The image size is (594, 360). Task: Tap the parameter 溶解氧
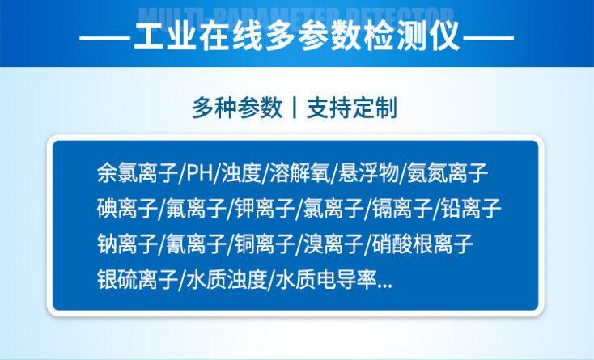tap(300, 173)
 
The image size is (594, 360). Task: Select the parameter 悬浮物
tap(368, 173)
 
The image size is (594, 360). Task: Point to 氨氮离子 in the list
tap(447, 173)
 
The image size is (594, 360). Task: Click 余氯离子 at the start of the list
tap(138, 173)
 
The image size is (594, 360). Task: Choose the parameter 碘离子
tap(127, 208)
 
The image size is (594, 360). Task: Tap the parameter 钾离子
tap(265, 208)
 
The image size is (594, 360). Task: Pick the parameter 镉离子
tap(402, 208)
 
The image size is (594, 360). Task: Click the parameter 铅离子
tap(471, 208)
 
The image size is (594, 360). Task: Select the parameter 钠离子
tap(127, 244)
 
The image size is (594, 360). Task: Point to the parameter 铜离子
tap(265, 244)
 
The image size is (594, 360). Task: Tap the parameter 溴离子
tap(333, 244)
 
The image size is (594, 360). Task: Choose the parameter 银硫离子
tap(138, 280)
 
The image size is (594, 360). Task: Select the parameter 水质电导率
tap(326, 280)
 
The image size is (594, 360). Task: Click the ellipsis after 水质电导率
tap(385, 286)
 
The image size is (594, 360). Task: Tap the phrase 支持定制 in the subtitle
tap(352, 108)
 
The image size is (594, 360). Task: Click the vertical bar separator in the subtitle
tap(295, 108)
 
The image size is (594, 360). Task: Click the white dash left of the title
tap(105, 38)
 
